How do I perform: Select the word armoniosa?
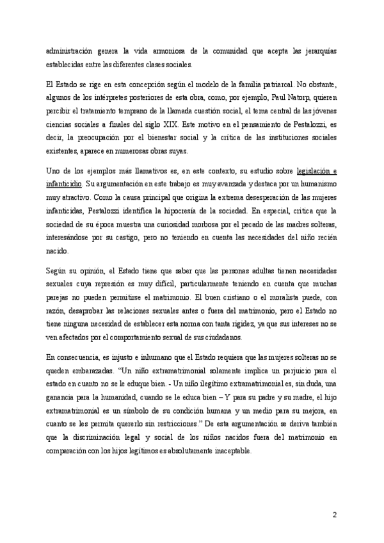(x=168, y=53)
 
